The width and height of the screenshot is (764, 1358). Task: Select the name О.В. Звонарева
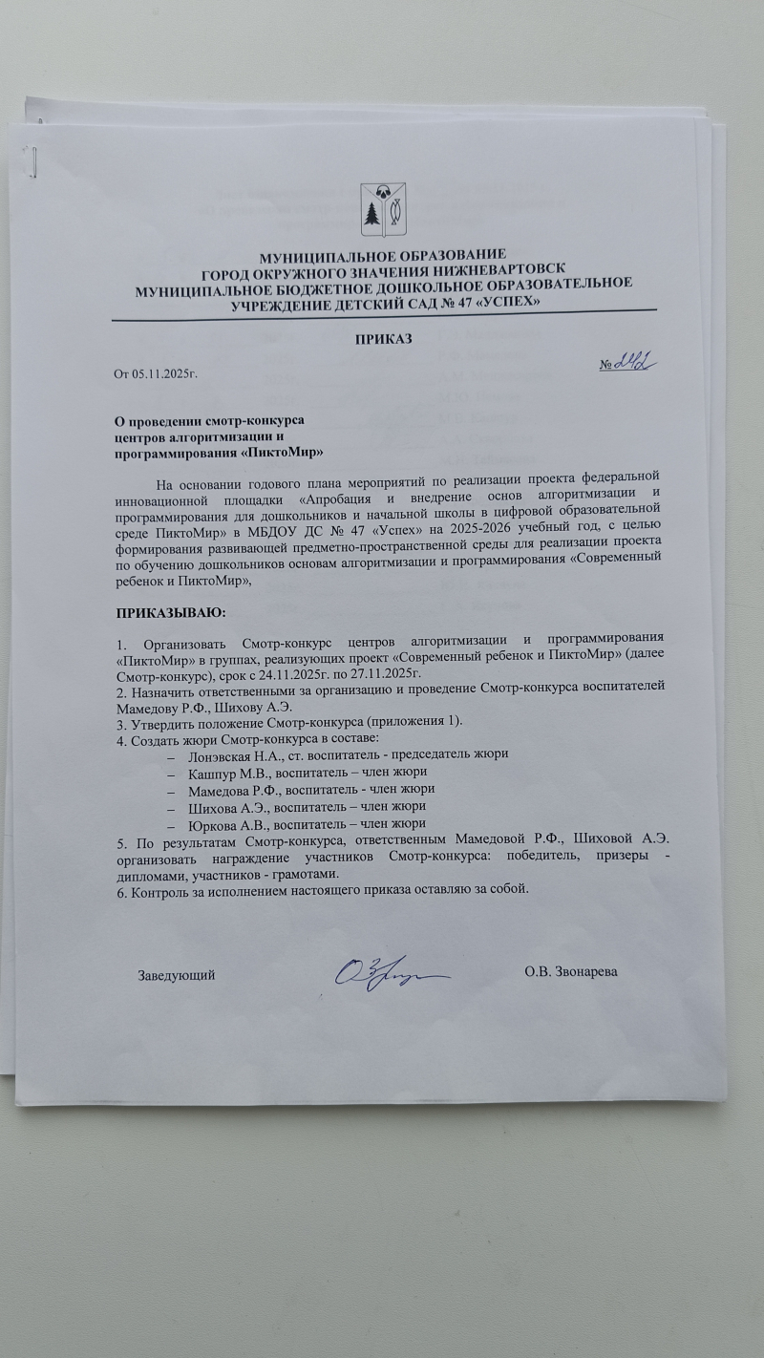pos(570,973)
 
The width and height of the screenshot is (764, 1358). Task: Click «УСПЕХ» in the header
pos(510,300)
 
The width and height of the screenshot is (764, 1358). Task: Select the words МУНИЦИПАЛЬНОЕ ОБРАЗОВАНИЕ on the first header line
pos(382,254)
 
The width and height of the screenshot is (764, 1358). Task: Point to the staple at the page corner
pos(36,161)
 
